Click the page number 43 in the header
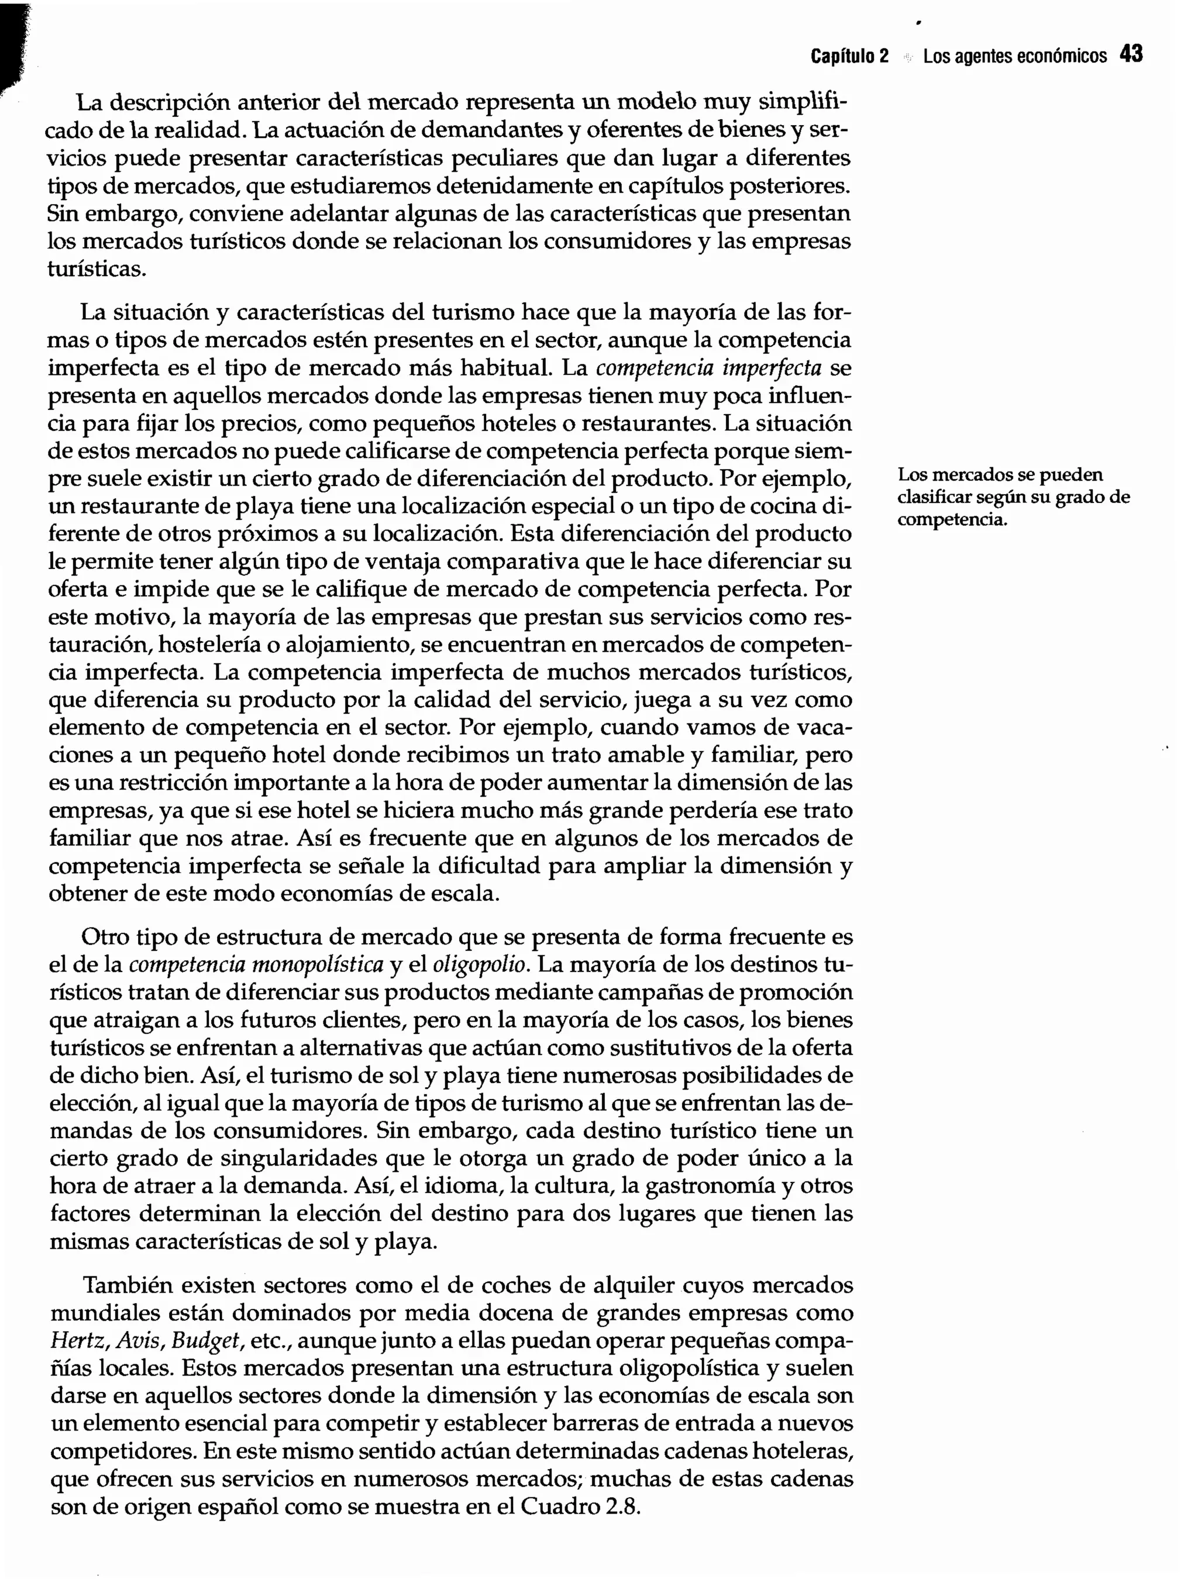(1131, 54)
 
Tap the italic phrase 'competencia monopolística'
(256, 965)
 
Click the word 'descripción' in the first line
(167, 103)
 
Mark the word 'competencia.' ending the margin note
(952, 520)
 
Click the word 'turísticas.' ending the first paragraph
(97, 270)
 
